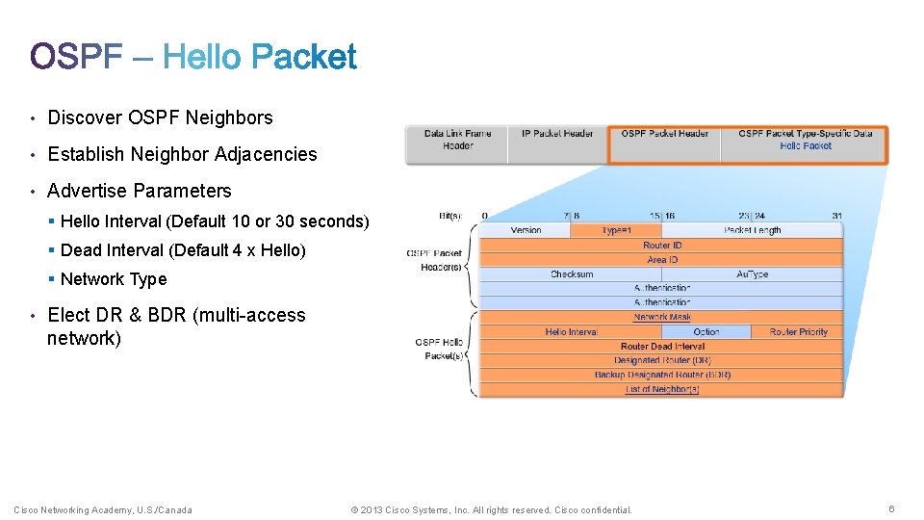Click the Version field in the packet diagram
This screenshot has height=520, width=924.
click(x=526, y=230)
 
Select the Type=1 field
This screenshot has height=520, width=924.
click(x=616, y=230)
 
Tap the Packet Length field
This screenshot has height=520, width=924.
click(x=753, y=230)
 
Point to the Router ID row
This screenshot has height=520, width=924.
click(x=662, y=246)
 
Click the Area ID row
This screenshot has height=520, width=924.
click(x=662, y=260)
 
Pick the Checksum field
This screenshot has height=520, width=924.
click(x=572, y=274)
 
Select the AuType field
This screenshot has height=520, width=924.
click(x=753, y=274)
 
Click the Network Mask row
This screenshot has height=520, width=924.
click(x=662, y=317)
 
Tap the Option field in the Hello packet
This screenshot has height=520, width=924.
click(x=706, y=332)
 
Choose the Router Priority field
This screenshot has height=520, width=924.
click(x=798, y=332)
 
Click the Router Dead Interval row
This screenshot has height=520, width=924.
click(x=662, y=347)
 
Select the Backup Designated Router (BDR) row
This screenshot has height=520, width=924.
click(x=662, y=375)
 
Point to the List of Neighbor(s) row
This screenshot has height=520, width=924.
click(x=662, y=389)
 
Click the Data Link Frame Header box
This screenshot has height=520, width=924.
click(x=457, y=140)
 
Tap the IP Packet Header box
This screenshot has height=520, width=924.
click(x=558, y=134)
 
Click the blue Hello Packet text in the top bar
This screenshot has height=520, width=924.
click(x=806, y=146)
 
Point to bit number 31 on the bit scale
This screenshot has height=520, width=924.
click(x=837, y=216)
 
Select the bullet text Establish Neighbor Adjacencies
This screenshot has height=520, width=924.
click(x=182, y=154)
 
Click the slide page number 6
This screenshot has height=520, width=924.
click(x=891, y=509)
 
